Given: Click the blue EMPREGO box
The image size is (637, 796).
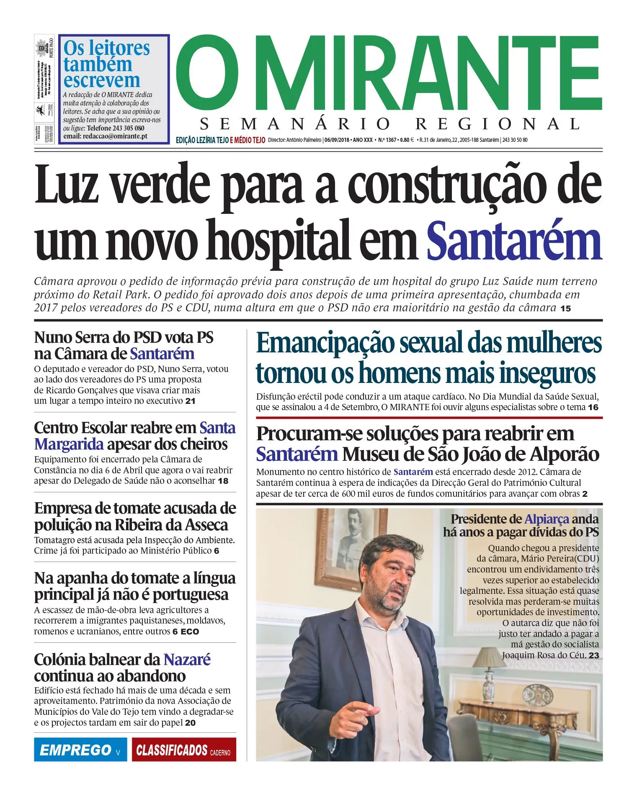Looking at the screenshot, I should [x=80, y=750].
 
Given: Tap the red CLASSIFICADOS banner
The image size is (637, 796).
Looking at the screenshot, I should [x=183, y=750].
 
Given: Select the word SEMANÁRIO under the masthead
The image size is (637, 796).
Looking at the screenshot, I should [x=295, y=124].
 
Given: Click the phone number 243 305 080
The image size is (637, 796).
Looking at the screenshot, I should [x=128, y=128].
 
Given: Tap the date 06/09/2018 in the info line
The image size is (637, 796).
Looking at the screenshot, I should [x=338, y=140].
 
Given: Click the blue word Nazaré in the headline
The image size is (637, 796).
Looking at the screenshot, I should [x=187, y=660].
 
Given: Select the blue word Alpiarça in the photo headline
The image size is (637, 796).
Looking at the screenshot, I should [x=547, y=519].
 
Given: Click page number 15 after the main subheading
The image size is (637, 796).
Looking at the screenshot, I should [x=565, y=309].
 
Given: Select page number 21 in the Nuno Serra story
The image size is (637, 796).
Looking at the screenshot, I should [x=191, y=401].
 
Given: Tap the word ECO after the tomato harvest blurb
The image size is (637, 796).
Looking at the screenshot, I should [x=190, y=632].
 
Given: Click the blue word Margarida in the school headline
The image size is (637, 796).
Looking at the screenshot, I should [x=69, y=444].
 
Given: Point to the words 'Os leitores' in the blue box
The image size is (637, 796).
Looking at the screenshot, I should [x=106, y=49].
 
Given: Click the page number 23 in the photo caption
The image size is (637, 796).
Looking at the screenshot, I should [x=593, y=655].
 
